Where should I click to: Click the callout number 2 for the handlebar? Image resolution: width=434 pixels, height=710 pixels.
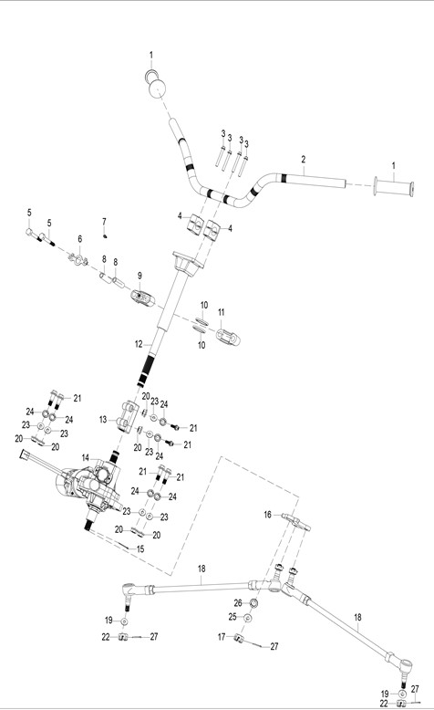[304, 160]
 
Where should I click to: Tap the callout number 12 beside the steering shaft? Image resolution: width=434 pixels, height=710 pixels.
[139, 345]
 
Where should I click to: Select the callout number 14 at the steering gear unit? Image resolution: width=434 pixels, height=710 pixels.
[86, 458]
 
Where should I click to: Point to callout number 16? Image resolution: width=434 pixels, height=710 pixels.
[267, 515]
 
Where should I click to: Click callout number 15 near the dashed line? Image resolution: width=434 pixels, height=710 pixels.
[140, 549]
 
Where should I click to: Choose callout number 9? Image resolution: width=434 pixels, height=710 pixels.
[139, 276]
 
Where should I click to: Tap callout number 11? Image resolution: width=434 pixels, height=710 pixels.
[221, 312]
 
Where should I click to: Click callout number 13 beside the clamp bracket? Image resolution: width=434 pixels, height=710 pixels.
[103, 420]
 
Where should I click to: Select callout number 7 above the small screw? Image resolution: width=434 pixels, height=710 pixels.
[104, 222]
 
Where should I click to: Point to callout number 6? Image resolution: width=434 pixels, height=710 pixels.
[80, 238]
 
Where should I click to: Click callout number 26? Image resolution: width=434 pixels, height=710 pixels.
[238, 603]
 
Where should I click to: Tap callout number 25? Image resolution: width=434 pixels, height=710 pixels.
[232, 617]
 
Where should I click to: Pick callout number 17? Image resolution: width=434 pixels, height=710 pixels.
[222, 637]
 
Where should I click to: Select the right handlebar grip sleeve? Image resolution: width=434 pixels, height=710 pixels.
[393, 188]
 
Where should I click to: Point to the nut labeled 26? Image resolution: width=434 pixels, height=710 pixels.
[253, 603]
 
